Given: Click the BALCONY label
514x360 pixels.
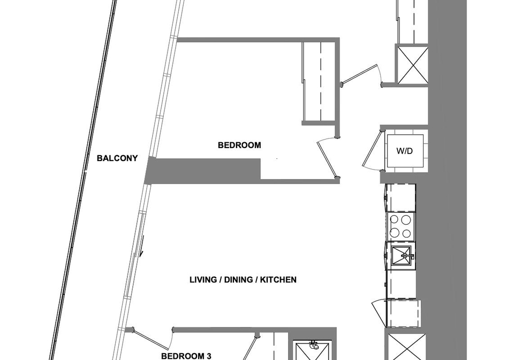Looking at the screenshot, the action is (117, 158).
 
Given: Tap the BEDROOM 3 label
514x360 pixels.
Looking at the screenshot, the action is (186, 356).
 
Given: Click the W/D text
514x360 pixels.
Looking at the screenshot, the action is (404, 151).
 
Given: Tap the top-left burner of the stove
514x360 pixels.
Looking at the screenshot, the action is (395, 219).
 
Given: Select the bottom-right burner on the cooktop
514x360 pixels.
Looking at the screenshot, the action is (406, 234).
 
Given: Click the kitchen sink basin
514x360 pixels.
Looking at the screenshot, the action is (401, 255).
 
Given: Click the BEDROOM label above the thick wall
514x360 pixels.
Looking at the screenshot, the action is (239, 145).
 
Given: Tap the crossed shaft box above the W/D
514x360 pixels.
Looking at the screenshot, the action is (412, 65).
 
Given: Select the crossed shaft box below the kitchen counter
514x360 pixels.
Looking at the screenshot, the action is (406, 347).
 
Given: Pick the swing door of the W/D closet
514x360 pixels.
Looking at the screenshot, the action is (372, 149).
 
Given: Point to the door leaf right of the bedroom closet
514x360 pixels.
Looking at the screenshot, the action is (360, 74).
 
